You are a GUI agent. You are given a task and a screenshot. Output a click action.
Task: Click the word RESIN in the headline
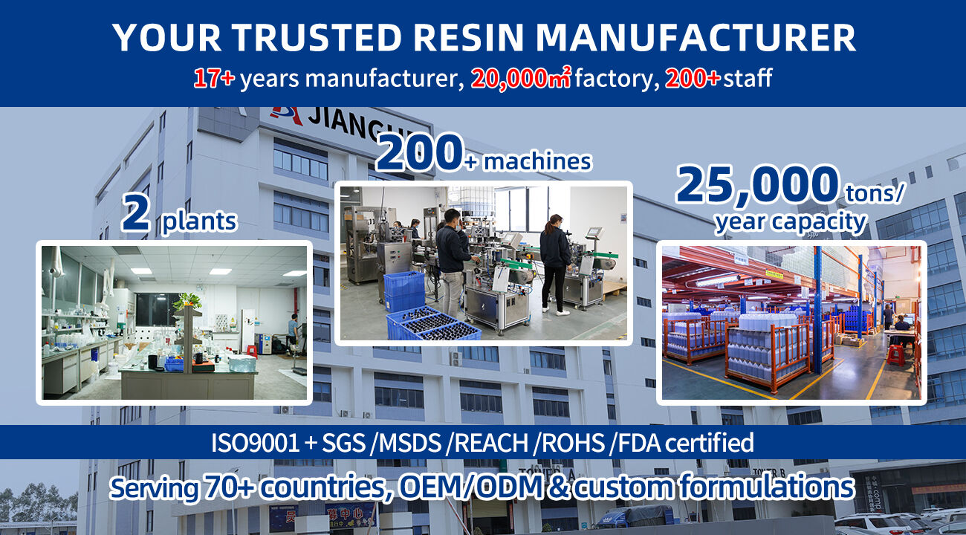[468, 38]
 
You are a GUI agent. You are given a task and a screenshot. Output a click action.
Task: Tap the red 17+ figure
[214, 79]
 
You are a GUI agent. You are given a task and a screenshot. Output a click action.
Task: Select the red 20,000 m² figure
[520, 79]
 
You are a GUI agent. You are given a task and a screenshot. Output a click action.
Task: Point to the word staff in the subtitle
[748, 79]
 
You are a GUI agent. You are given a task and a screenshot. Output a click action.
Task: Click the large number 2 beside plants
[136, 213]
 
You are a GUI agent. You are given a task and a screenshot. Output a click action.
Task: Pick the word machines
[537, 161]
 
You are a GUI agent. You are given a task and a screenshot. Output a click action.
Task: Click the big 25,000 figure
[757, 185]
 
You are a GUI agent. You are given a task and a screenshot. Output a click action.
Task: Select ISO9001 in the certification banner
[256, 443]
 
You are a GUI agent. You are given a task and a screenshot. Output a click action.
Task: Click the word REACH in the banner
[490, 443]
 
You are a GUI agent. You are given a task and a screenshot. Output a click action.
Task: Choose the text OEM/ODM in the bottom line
[470, 487]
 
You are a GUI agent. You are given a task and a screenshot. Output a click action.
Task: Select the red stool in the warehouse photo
[895, 354]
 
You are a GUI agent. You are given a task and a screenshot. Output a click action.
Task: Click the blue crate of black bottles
[432, 325]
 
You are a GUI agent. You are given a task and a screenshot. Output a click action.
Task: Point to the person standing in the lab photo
[294, 329]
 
